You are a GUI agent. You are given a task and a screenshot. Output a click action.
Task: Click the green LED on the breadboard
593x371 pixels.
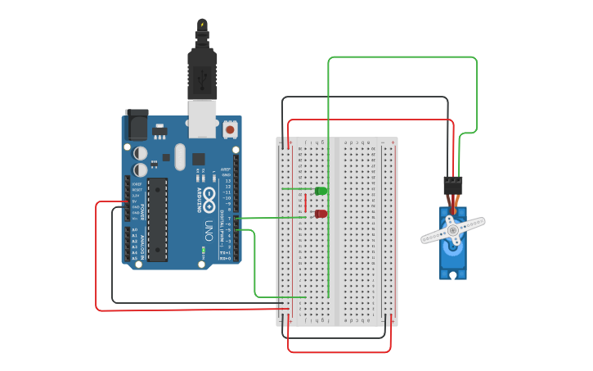coord(321,191)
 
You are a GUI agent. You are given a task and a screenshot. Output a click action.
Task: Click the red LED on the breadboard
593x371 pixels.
coord(321,214)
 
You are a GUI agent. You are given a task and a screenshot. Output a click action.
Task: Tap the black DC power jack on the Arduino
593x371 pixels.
coord(136,124)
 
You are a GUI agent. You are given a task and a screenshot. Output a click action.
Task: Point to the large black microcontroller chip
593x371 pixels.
coord(158,219)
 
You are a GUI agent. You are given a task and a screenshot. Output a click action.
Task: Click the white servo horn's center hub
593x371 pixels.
coord(452,231)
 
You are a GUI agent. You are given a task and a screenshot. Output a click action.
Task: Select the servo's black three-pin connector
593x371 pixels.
coord(452,185)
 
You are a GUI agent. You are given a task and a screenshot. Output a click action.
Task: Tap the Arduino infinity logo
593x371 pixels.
coord(209,197)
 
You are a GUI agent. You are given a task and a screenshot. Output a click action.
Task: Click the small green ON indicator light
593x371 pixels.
coord(202,249)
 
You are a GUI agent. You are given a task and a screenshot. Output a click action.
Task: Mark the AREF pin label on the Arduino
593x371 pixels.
coord(225,170)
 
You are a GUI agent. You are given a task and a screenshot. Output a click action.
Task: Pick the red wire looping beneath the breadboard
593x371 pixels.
coord(339,351)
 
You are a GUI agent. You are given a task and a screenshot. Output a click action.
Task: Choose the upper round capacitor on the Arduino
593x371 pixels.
coord(142,152)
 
